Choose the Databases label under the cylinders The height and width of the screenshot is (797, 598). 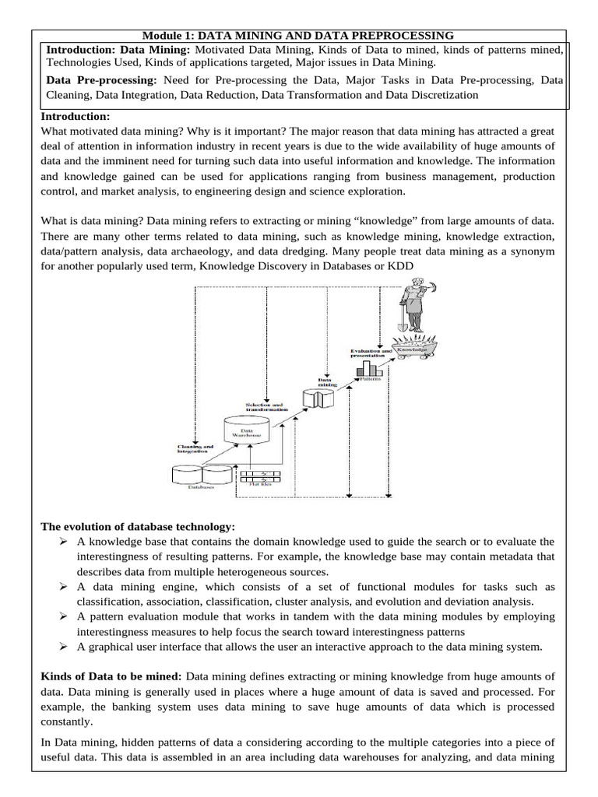200,489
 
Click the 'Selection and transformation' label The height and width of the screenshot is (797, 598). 265,406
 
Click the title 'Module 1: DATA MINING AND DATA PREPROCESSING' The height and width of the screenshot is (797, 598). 299,35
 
